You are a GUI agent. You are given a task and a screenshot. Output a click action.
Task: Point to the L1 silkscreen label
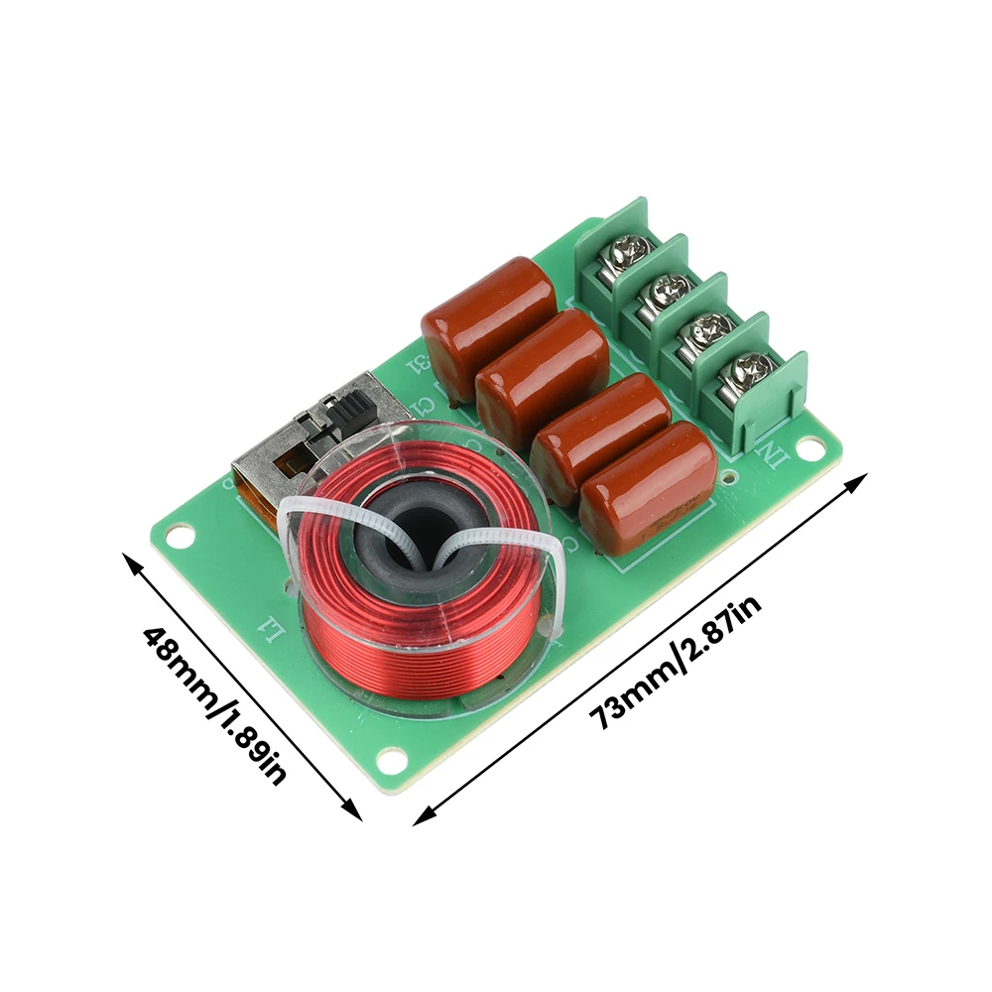(267, 626)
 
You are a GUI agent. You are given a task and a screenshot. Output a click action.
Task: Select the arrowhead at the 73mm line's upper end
(861, 481)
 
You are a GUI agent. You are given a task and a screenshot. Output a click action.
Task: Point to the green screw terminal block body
(694, 327)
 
